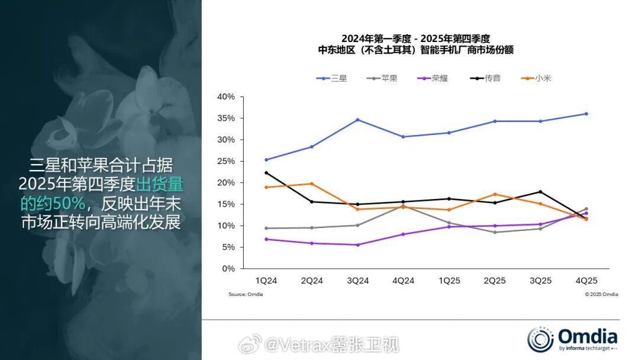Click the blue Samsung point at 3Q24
click(358, 120)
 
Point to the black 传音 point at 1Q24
click(267, 173)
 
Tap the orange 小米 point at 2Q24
click(312, 184)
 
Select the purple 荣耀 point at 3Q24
click(358, 245)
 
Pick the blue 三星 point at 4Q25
click(586, 114)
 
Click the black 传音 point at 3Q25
click(540, 192)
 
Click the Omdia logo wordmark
click(586, 338)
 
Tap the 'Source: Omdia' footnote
click(246, 294)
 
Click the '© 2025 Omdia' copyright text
click(601, 294)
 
